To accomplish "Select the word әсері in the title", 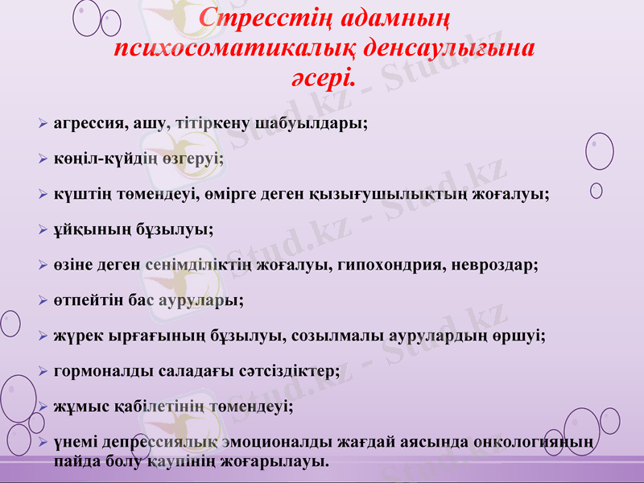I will pyautogui.click(x=320, y=79).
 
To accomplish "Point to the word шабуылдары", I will pyautogui.click(x=321, y=124).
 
